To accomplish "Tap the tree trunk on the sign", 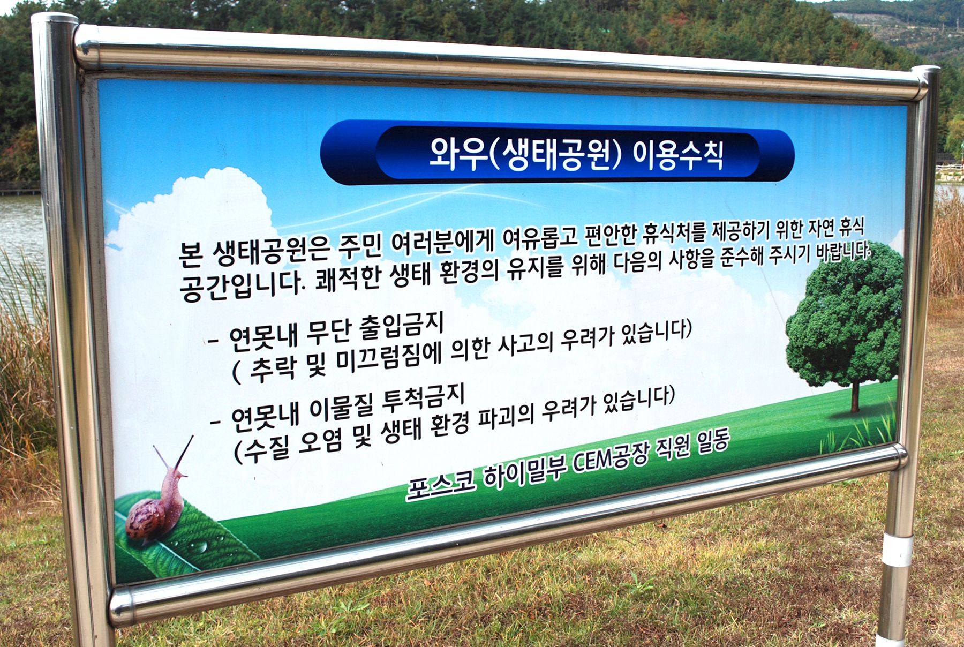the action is click(x=855, y=396).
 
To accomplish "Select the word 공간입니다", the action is click(x=243, y=285).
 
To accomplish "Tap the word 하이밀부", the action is click(x=522, y=470).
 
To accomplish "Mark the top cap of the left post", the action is click(x=55, y=19).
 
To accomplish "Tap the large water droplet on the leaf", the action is click(x=199, y=546).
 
